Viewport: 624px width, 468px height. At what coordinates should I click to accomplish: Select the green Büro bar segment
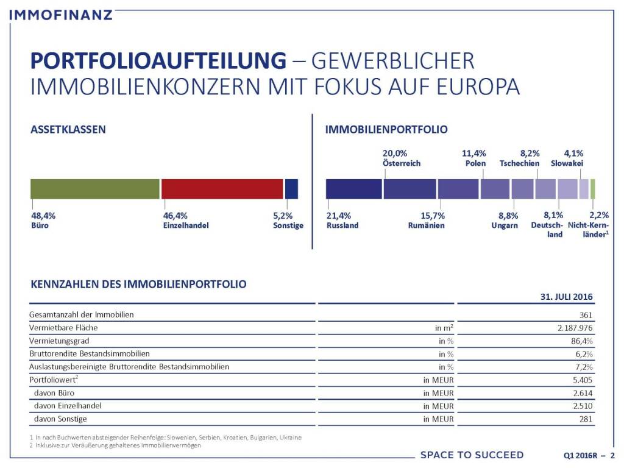coord(94,189)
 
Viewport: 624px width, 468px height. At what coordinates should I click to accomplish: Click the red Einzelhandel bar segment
coord(222,189)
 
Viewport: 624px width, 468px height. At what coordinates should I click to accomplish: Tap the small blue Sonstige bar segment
coord(291,189)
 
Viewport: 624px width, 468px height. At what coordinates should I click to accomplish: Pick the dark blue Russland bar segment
coord(353,189)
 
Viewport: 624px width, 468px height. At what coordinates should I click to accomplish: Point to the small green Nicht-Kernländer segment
coord(593,189)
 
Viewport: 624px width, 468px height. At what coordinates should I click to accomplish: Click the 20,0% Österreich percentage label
coord(394,154)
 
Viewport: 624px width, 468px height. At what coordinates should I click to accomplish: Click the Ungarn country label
coord(505,225)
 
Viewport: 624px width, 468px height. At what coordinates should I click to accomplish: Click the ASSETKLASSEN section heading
coord(68,130)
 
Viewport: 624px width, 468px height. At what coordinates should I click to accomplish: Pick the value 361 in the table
coord(586,314)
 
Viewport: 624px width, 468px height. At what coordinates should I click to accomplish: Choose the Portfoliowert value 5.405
coord(583,380)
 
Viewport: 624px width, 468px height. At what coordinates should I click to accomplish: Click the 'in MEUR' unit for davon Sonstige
coord(439,419)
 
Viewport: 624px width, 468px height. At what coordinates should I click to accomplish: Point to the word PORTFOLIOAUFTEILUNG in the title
coord(158,62)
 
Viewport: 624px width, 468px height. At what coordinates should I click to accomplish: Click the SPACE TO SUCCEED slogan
coord(472,455)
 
